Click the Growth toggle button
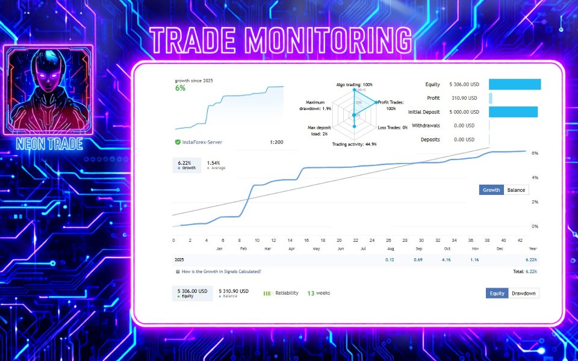[491, 190]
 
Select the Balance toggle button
[516, 190]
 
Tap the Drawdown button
[523, 294]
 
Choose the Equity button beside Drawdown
[497, 294]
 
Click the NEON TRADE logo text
[49, 144]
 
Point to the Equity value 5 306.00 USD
[464, 85]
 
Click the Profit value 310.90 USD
[464, 98]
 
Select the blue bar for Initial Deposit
[513, 112]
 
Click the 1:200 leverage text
[277, 142]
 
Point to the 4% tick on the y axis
[518, 177]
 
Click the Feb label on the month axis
[243, 248]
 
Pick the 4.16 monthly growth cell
[447, 259]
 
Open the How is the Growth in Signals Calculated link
[221, 272]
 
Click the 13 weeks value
[319, 293]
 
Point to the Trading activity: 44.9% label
[354, 144]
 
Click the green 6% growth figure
[180, 88]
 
